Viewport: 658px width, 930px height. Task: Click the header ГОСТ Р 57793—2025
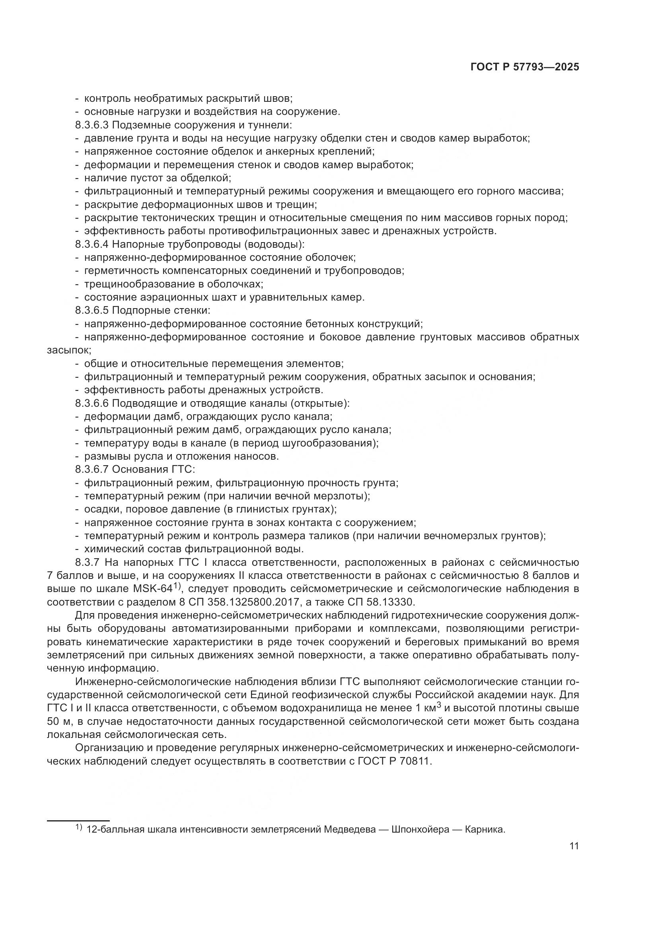(524, 67)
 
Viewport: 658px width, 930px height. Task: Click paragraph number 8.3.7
(87, 563)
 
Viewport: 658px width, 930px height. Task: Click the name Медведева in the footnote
(350, 829)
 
